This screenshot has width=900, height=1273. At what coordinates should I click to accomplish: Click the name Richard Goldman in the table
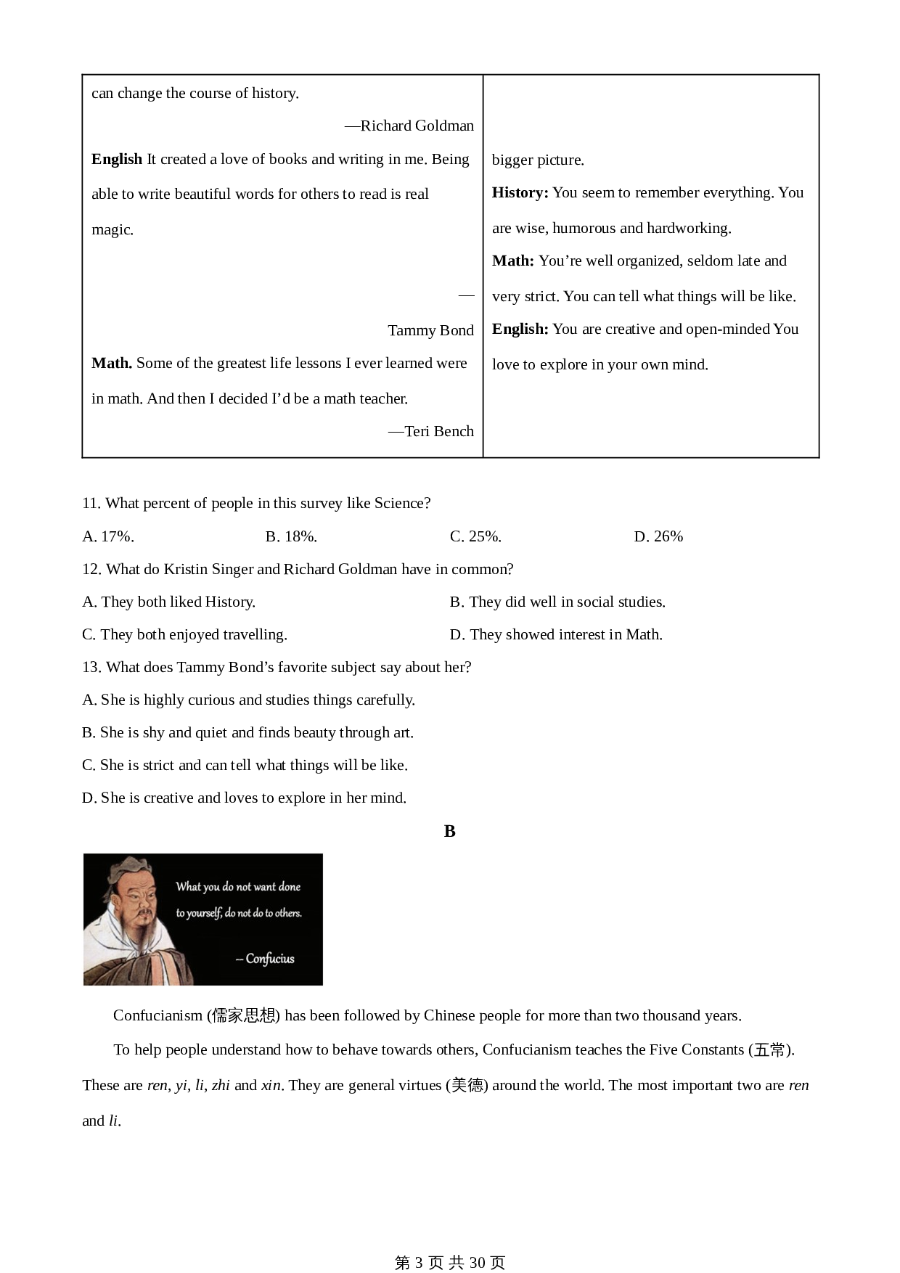(x=417, y=126)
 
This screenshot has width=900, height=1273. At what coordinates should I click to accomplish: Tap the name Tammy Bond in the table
(x=430, y=330)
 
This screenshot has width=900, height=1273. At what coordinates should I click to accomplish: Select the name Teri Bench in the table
(x=438, y=431)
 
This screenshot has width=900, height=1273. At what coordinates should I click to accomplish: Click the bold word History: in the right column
(x=520, y=192)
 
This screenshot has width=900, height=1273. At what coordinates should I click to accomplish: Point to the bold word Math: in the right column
(x=512, y=261)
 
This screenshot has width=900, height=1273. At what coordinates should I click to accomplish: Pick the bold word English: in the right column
(x=520, y=329)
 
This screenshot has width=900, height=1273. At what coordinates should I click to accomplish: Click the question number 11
(x=91, y=503)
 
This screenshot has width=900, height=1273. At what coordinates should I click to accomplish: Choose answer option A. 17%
(x=108, y=536)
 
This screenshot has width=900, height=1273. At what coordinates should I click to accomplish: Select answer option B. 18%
(x=291, y=536)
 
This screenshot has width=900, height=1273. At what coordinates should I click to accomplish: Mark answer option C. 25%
(x=475, y=536)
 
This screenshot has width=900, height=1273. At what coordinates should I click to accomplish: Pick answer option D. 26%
(x=658, y=536)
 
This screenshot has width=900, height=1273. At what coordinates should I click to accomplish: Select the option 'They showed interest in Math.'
(x=556, y=634)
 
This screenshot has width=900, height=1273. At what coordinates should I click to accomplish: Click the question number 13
(x=91, y=667)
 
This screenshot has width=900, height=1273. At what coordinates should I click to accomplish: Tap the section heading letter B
(x=450, y=831)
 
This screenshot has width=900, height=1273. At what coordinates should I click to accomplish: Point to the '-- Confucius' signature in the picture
(x=266, y=959)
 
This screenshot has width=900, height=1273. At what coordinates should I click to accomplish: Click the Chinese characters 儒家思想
(x=243, y=1015)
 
